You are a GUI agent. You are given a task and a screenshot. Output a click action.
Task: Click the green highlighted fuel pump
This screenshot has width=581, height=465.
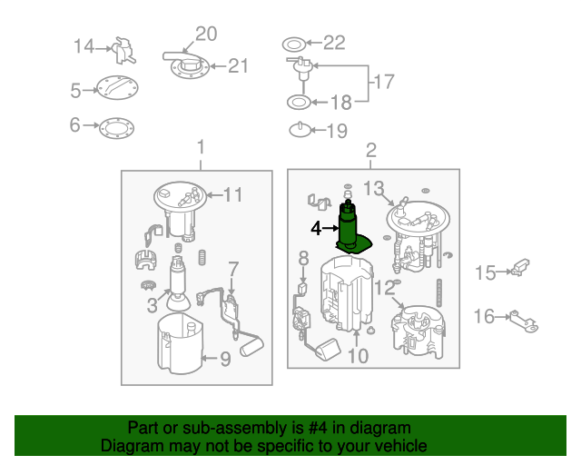pyautogui.click(x=350, y=229)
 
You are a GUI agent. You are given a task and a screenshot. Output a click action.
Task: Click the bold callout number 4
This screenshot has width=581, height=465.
pyautogui.click(x=316, y=229)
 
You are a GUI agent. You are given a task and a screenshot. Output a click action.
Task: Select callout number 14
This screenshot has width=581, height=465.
pyautogui.click(x=84, y=46)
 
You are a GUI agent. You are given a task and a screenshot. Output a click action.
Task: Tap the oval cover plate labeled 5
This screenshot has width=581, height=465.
pyautogui.click(x=117, y=88)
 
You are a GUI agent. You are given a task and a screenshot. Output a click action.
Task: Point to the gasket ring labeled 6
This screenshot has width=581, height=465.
pyautogui.click(x=117, y=128)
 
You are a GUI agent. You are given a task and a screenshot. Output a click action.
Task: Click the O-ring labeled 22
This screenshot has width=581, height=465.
pyautogui.click(x=294, y=45)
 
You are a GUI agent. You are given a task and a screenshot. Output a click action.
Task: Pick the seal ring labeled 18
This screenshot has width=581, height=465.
pyautogui.click(x=299, y=103)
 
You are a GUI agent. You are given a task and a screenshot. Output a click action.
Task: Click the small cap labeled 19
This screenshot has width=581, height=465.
pyautogui.click(x=300, y=130)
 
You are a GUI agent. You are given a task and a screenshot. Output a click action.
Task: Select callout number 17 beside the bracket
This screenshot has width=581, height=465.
pyautogui.click(x=384, y=82)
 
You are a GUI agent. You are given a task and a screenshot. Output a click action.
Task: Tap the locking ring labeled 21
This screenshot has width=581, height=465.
pyautogui.click(x=190, y=67)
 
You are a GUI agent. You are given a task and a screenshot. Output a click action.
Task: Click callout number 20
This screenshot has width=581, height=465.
pyautogui.click(x=206, y=34)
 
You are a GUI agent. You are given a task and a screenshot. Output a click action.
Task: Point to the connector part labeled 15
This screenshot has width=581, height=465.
pyautogui.click(x=520, y=268)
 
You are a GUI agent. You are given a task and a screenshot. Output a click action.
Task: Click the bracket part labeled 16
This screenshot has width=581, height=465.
pyautogui.click(x=524, y=322)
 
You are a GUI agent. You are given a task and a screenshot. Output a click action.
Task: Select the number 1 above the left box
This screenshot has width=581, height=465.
pyautogui.click(x=201, y=147)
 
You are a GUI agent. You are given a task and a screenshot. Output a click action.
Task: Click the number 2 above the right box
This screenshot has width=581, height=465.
pyautogui.click(x=371, y=150)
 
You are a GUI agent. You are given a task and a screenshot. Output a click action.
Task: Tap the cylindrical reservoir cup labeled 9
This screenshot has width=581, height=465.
pyautogui.click(x=180, y=343)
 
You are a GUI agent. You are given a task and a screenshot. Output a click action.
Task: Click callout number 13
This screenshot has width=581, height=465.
pyautogui.click(x=373, y=188)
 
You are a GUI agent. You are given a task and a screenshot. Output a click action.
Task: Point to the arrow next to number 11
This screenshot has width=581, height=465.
pyautogui.click(x=215, y=194)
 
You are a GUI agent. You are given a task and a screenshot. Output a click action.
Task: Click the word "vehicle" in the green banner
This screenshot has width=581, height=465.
pyautogui.click(x=401, y=445)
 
